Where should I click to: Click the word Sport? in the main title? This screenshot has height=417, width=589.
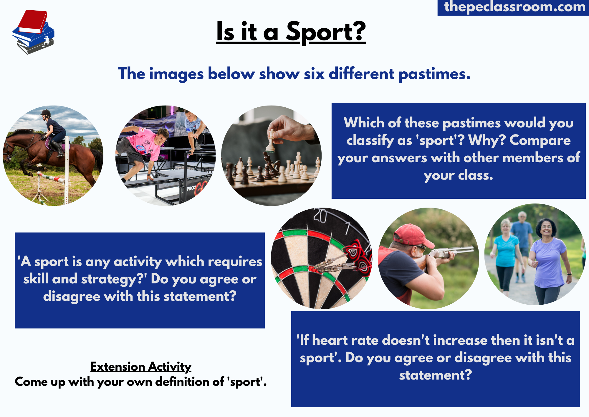326,32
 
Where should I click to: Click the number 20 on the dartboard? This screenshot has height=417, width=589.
320,216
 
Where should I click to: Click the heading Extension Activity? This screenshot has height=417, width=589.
141,367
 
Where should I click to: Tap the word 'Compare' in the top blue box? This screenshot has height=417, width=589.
540,140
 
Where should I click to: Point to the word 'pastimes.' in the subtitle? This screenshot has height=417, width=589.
434,74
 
